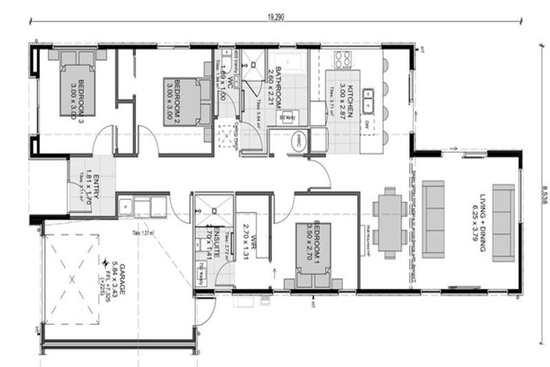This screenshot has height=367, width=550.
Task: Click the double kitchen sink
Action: point(368,101)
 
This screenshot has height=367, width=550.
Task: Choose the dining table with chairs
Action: point(390,222)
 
